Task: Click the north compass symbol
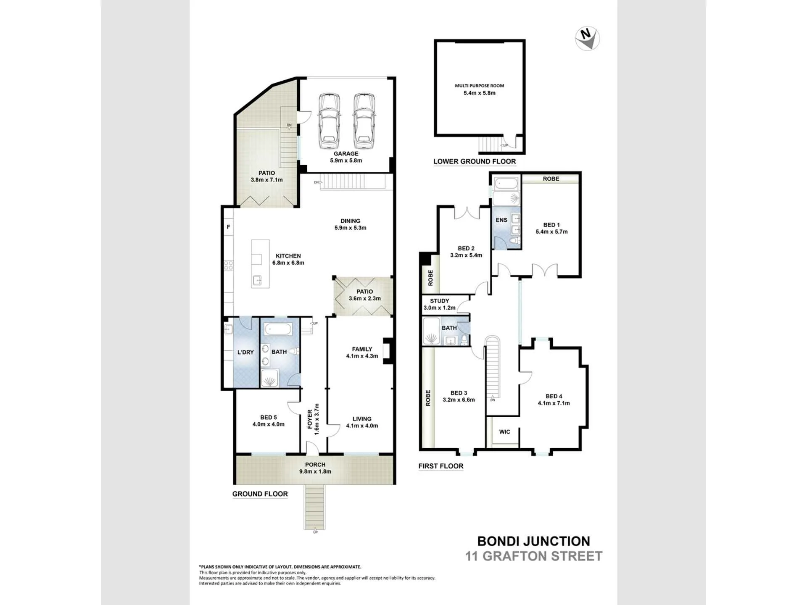pos(587,38)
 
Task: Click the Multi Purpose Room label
pos(480,89)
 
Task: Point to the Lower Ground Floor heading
pos(475,161)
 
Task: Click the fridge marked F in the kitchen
pos(229,227)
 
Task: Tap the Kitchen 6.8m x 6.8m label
pos(288,259)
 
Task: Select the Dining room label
pos(351,224)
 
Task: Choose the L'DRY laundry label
pos(245,352)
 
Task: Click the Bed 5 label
pos(269,421)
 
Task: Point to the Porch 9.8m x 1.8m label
pos(315,468)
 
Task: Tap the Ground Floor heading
pos(260,494)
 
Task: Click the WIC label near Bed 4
pos(504,432)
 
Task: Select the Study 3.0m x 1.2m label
pos(440,304)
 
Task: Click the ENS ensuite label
pos(501,220)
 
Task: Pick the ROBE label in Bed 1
pos(551,179)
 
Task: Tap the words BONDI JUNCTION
pos(534,541)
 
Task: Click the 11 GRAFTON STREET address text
pos(534,556)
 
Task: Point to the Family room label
pos(362,352)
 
